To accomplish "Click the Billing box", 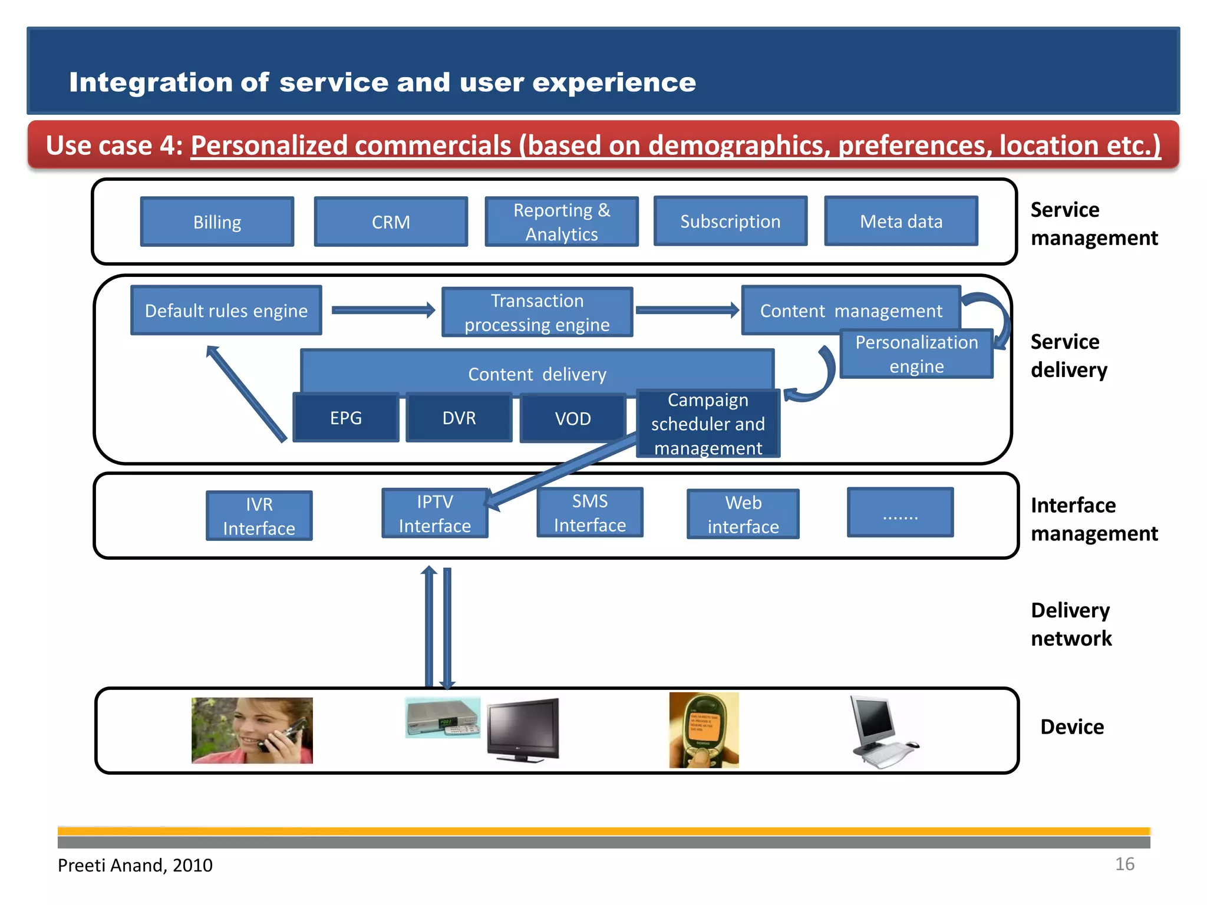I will tap(217, 222).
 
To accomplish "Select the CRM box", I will tap(391, 222).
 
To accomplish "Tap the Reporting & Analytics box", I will tap(561, 222).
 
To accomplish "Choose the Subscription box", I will tap(730, 222).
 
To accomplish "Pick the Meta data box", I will tap(901, 222).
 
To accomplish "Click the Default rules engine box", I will tap(226, 311).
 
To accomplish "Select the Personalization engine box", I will tap(916, 354).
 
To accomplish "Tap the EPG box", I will tap(346, 418).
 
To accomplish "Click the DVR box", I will tap(459, 418).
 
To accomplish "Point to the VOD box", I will tap(572, 418).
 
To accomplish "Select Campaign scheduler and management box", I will tap(708, 424).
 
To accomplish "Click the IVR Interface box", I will tap(259, 516).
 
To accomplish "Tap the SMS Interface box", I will tap(589, 513).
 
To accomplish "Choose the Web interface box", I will tap(743, 514).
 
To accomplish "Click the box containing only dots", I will tap(900, 513).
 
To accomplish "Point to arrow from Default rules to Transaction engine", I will tap(383, 310).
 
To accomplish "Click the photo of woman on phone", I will tap(252, 731).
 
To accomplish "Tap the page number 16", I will tap(1124, 864).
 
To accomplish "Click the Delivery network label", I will tap(1071, 625).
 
